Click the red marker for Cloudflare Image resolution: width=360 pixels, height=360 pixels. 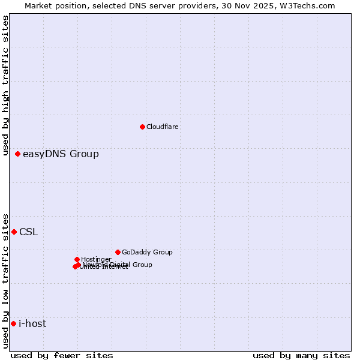coord(142,127)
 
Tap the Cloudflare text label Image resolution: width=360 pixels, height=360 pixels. coord(163,127)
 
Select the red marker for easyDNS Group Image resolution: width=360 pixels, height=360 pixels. coord(17,154)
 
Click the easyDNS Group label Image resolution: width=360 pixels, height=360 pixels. coord(61,154)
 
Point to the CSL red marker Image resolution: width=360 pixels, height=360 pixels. coord(14,232)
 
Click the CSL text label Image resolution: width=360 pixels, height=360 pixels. coord(28,232)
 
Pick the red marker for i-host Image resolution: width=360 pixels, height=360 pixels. coord(13,323)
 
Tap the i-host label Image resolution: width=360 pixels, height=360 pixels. coord(32,324)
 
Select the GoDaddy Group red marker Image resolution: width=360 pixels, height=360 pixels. coord(118,252)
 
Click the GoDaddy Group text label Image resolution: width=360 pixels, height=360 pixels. coord(147,253)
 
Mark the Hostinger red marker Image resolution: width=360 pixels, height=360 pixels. coord(77,259)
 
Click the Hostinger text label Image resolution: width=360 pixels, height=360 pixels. coord(96,259)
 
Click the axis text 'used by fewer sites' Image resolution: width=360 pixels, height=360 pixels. coord(62,356)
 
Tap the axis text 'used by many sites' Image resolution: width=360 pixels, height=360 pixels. coord(301,356)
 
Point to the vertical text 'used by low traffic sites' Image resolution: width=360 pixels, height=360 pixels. coord(5,280)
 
